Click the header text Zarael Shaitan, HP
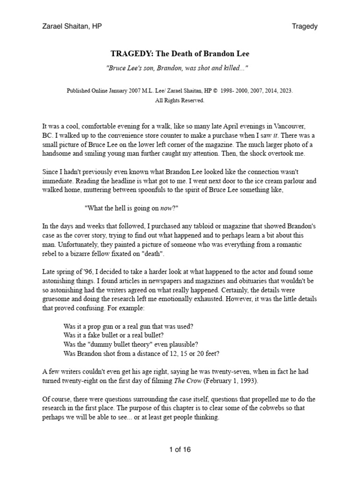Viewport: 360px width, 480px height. (x=72, y=26)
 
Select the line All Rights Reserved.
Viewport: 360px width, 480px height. (x=180, y=100)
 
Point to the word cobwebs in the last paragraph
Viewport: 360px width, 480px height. (x=259, y=408)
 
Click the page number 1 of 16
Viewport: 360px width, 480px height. (x=180, y=450)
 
